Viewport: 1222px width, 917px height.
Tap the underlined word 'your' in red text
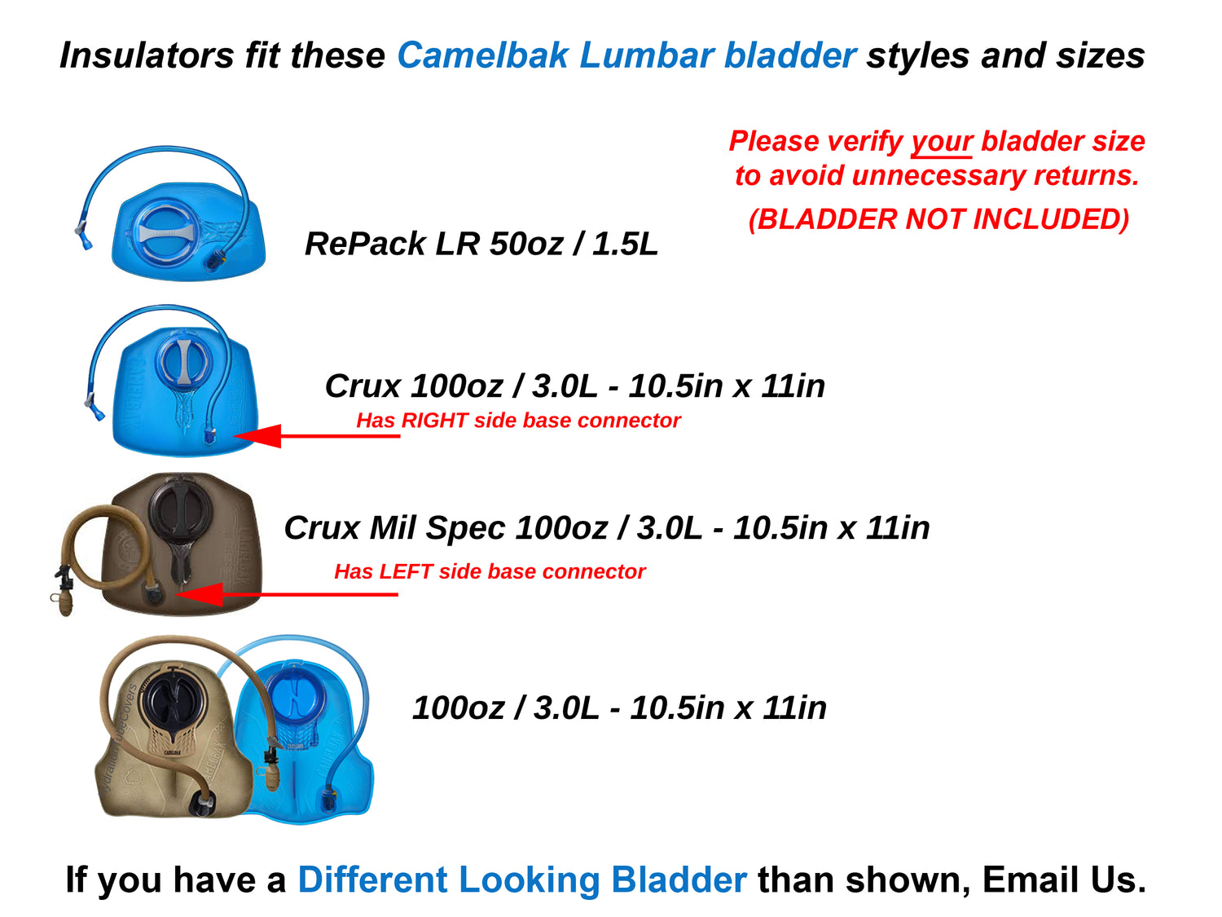point(941,142)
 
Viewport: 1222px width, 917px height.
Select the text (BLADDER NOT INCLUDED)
point(938,219)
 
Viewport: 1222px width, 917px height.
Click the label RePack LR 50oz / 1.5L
point(481,244)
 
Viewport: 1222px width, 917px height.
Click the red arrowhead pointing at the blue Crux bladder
point(260,436)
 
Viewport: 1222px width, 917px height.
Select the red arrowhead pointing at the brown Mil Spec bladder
point(200,594)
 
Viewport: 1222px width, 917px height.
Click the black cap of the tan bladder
point(172,699)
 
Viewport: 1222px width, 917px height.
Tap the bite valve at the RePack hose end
point(84,236)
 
